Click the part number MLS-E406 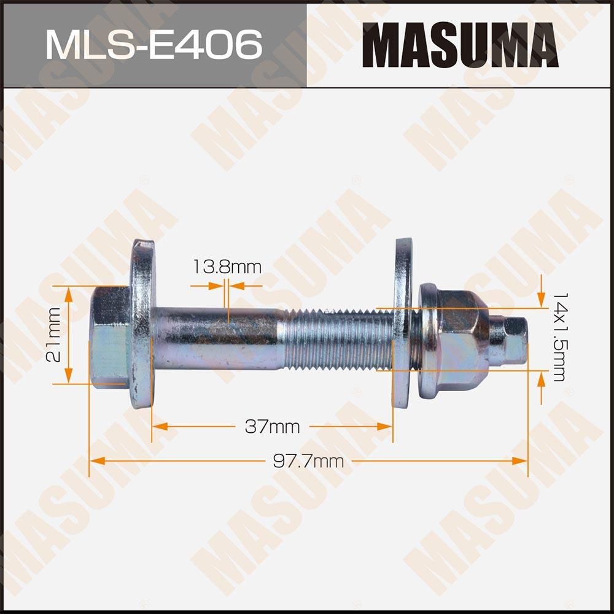pyautogui.click(x=153, y=44)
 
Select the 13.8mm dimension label pyautogui.click(x=227, y=267)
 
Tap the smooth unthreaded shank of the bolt pyautogui.click(x=218, y=337)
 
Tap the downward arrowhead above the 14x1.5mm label pyautogui.click(x=541, y=300)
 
